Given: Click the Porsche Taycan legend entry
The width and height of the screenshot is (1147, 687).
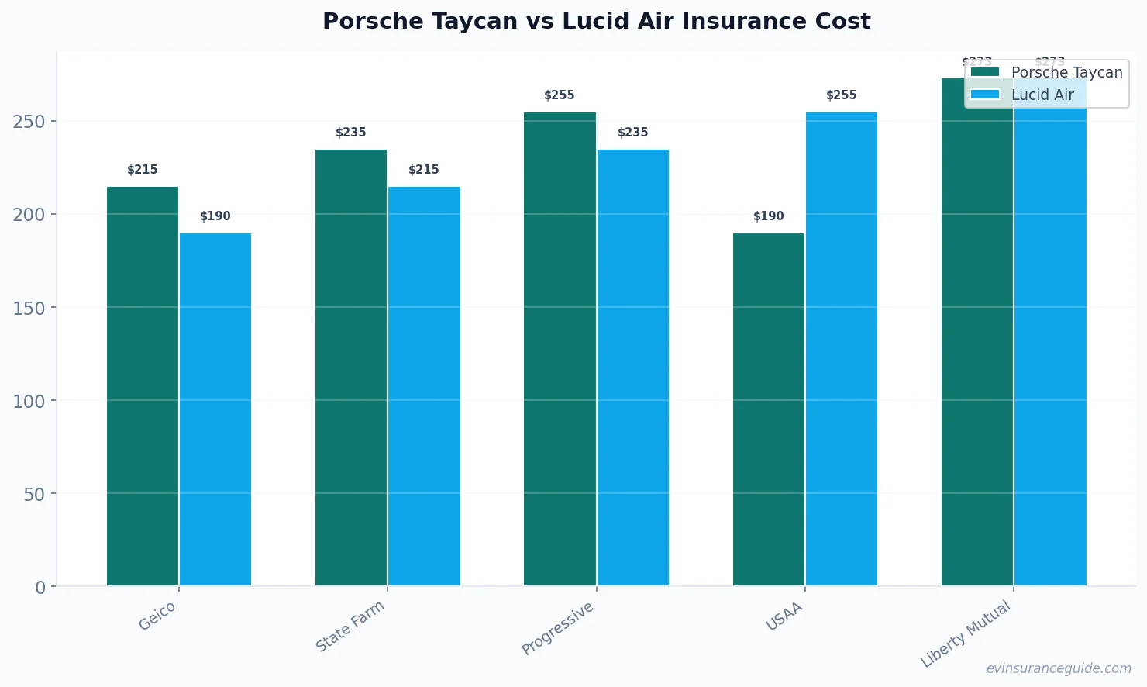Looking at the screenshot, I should (x=1046, y=73).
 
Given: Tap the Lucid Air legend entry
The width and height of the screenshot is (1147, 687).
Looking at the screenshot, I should (x=1023, y=95).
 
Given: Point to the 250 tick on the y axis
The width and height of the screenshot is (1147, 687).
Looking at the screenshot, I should (x=29, y=122).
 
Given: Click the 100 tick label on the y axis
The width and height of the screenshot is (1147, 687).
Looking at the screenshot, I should (x=29, y=401).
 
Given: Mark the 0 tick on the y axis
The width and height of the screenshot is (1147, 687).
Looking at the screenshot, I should (x=40, y=587).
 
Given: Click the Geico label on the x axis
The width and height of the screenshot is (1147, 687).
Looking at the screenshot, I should (x=157, y=616).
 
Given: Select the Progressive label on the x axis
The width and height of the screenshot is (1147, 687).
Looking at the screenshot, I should (x=557, y=628).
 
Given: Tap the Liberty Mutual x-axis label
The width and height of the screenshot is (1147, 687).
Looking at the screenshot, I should (x=966, y=633).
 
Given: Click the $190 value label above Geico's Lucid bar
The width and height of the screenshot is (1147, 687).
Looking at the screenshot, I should (x=215, y=216).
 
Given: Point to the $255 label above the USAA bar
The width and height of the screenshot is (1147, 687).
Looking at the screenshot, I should (x=842, y=95).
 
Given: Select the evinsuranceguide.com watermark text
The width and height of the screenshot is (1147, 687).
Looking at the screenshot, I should (x=1059, y=668).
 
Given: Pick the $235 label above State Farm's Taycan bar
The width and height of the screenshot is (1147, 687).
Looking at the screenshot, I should (x=351, y=133).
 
